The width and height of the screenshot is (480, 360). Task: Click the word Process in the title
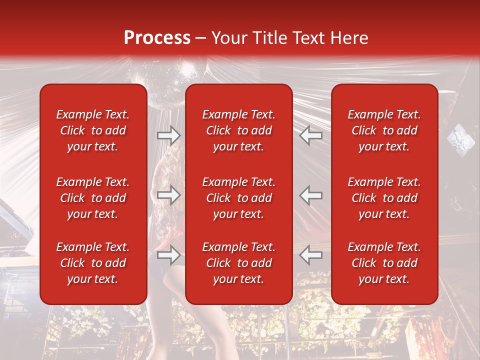[x=157, y=38]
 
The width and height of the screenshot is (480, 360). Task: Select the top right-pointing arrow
[x=168, y=135]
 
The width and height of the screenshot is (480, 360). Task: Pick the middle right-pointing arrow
[x=168, y=195]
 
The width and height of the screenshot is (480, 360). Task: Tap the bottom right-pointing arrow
[x=168, y=255]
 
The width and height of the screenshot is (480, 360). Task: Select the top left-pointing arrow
[x=311, y=135]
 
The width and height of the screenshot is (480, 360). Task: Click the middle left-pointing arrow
[x=311, y=195]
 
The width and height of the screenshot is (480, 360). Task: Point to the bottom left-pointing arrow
[x=311, y=255]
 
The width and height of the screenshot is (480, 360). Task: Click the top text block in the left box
[x=93, y=130]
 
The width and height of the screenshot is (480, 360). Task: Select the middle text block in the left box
[x=93, y=198]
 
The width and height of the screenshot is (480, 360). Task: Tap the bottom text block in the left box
[x=93, y=263]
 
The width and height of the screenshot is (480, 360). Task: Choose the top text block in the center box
[x=239, y=130]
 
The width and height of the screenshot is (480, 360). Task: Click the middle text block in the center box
[x=239, y=198]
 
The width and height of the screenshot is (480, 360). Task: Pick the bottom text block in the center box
[x=239, y=263]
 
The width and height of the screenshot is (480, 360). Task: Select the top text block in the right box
[x=384, y=130]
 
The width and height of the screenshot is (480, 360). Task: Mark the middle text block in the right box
[x=384, y=198]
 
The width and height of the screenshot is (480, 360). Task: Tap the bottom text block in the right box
[x=384, y=263]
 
